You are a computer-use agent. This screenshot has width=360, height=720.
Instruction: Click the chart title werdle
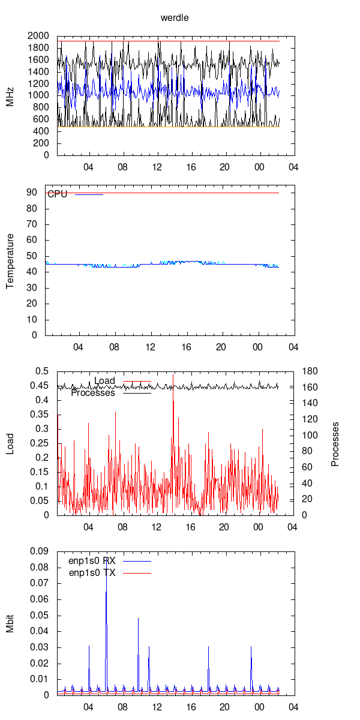(x=175, y=18)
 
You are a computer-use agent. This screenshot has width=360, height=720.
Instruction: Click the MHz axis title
(x=10, y=95)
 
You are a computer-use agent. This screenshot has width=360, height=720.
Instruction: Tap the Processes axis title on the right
(x=335, y=443)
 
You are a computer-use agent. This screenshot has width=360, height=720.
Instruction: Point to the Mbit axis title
(x=10, y=623)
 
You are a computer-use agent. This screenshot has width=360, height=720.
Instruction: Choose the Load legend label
(x=104, y=381)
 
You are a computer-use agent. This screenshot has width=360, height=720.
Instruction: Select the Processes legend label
(x=93, y=394)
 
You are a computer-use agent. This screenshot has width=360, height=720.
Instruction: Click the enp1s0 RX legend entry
(x=92, y=560)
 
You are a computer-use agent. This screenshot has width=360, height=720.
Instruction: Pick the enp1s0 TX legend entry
(x=92, y=573)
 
